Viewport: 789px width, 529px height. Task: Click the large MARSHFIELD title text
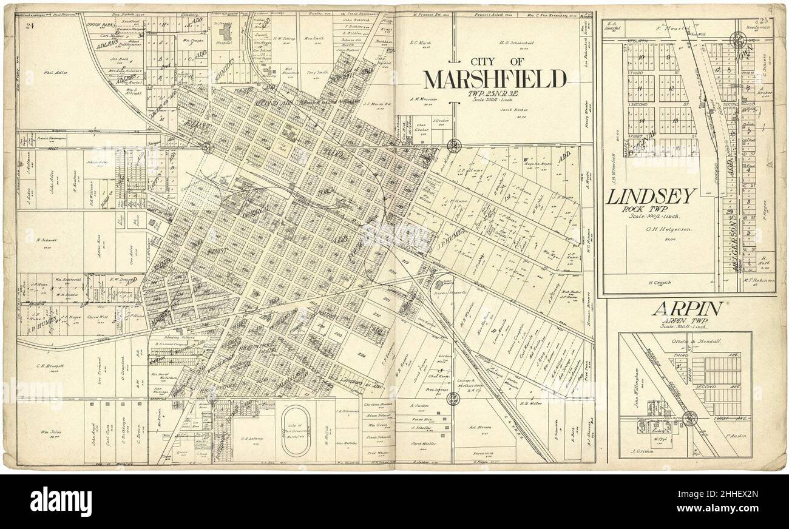(495, 79)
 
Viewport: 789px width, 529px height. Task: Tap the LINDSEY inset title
(650, 197)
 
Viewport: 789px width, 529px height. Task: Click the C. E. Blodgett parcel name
(46, 365)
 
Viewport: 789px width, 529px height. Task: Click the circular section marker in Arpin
(690, 417)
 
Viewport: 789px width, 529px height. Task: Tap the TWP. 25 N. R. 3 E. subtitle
(493, 94)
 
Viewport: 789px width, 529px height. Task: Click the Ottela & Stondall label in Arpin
(691, 340)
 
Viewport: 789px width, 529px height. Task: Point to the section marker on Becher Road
(453, 145)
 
